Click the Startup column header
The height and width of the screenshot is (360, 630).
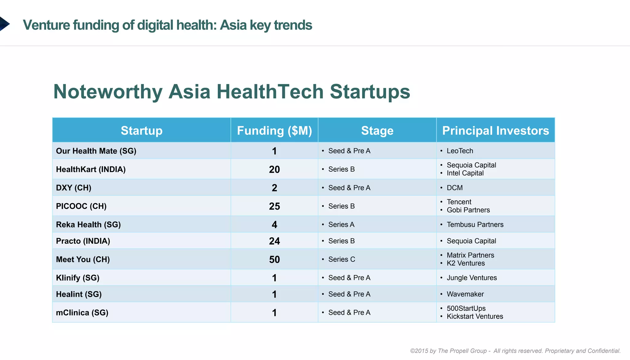tap(142, 130)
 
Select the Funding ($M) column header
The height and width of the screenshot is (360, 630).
tap(274, 130)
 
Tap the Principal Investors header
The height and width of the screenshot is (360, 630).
tap(495, 130)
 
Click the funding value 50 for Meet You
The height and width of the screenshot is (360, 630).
tap(274, 259)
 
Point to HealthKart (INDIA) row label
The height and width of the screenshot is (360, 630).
tap(91, 169)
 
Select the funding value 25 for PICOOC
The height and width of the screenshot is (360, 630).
tap(274, 206)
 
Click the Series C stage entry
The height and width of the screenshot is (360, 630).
tap(341, 259)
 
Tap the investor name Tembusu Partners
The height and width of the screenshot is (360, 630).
tap(475, 225)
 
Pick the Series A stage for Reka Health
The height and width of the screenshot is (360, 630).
tap(341, 225)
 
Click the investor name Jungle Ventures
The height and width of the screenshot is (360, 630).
tap(472, 278)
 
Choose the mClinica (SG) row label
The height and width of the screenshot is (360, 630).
tap(82, 313)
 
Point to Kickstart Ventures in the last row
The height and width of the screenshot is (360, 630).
tap(475, 317)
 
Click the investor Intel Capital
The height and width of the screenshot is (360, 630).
tap(465, 173)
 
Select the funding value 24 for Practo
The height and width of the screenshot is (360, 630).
tap(274, 241)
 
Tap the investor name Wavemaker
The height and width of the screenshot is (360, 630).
tap(465, 294)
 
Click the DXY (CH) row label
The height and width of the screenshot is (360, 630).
tap(74, 188)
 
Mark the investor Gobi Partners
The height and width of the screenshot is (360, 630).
tap(468, 210)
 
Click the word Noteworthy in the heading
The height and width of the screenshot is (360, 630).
tap(108, 92)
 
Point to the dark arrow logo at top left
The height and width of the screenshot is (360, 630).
tap(4, 24)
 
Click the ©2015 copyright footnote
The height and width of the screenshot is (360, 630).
tap(515, 351)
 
